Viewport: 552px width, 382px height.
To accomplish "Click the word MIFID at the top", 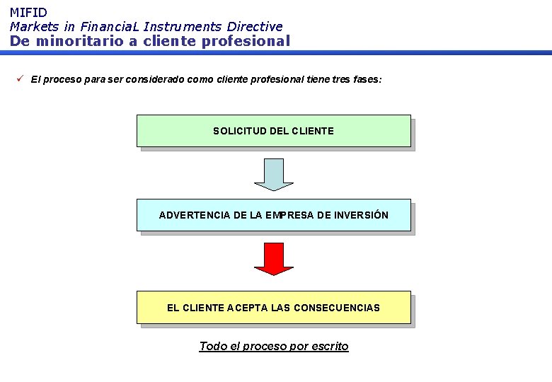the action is click(28, 12).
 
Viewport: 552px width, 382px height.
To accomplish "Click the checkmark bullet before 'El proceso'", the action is click(21, 79).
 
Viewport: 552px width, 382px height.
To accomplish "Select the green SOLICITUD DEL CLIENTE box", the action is click(273, 131).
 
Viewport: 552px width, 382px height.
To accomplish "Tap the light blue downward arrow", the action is click(273, 174).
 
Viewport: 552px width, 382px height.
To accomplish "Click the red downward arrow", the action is click(273, 258).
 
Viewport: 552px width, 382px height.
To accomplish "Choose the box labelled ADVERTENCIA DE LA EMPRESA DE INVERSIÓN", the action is click(273, 215).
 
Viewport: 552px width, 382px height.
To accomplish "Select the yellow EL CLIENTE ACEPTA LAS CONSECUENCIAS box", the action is click(273, 308).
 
